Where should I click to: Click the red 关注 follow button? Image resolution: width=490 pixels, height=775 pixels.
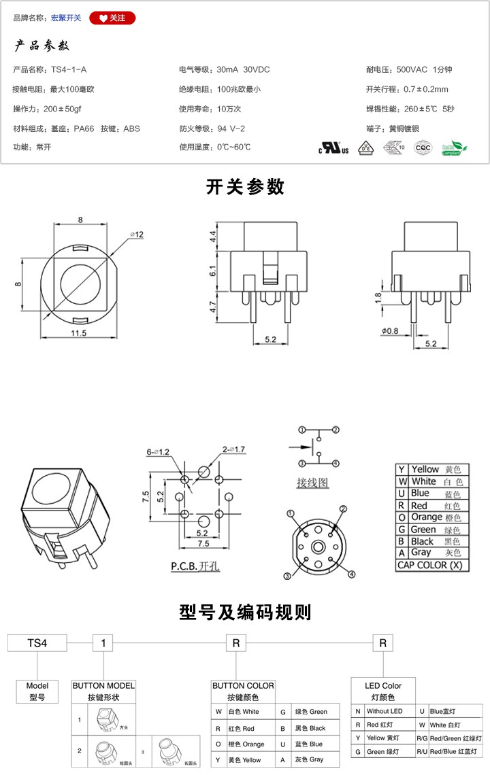112,18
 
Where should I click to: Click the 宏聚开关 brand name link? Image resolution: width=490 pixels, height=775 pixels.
66,18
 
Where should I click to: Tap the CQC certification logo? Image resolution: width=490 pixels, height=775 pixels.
423,148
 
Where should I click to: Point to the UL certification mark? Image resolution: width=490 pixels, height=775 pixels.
334,148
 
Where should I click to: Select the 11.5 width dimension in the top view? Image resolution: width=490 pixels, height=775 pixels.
79,332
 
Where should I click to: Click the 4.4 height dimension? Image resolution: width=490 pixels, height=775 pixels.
213,237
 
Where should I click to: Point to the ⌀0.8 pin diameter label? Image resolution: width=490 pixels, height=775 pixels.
390,331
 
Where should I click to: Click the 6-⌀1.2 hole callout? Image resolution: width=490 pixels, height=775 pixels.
157,451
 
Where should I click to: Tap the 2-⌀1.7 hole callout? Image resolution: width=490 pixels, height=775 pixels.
233,449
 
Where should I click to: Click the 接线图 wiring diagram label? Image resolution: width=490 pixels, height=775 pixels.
312,483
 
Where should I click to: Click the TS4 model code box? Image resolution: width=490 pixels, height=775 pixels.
37,642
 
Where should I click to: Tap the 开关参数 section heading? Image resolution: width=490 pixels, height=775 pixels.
245,187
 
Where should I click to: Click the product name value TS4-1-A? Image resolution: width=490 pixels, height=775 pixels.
69,69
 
